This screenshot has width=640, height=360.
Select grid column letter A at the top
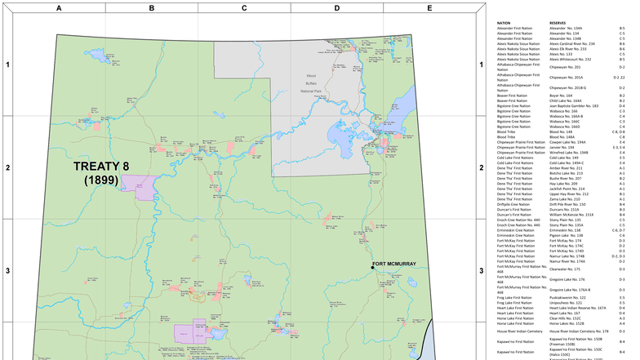click(58, 7)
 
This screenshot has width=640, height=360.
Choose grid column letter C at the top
click(244, 7)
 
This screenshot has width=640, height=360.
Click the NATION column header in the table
click(504, 23)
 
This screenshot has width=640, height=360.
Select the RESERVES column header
click(558, 23)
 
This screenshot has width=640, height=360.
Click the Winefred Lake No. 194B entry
click(569, 152)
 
